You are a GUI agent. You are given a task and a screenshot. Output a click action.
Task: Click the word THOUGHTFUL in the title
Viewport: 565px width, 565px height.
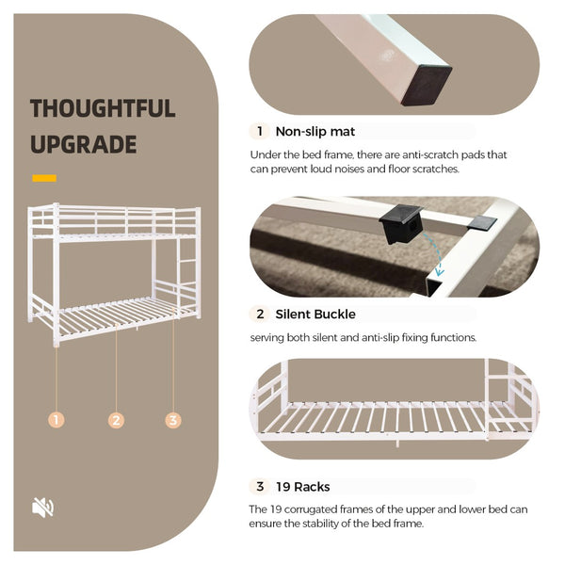point(103,108)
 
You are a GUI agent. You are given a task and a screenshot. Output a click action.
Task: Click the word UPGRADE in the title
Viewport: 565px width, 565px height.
point(84,144)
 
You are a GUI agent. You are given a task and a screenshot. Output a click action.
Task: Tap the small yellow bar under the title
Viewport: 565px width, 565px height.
point(44,178)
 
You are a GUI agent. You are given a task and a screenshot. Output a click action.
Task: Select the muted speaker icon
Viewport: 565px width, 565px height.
point(43,508)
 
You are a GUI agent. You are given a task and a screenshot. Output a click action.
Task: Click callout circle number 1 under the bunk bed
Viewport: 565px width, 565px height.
point(56,420)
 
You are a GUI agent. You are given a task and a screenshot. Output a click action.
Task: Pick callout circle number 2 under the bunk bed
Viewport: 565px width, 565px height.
point(116,420)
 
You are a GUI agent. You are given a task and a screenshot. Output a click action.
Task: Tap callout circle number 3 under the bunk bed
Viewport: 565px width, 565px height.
point(173,420)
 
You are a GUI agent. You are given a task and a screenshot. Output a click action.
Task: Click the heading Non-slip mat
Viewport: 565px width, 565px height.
point(315,132)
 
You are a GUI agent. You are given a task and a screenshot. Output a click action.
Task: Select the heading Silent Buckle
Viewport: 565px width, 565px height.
point(315,315)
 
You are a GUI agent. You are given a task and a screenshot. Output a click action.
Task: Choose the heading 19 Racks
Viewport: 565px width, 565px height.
point(302,487)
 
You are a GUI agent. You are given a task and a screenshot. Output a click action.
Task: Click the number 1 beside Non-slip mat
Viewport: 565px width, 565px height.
point(260,131)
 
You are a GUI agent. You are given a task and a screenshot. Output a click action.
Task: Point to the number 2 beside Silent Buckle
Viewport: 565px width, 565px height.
point(260,315)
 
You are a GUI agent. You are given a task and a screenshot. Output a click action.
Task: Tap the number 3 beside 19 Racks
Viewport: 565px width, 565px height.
point(260,487)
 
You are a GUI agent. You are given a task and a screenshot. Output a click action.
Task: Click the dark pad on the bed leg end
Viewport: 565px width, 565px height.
point(427,86)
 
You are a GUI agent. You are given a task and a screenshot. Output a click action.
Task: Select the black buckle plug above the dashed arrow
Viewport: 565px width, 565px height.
point(400,223)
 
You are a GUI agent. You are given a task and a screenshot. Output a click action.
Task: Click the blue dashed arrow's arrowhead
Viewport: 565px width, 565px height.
point(440,272)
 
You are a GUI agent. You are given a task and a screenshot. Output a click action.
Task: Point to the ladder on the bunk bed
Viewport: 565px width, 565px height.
point(187,273)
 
